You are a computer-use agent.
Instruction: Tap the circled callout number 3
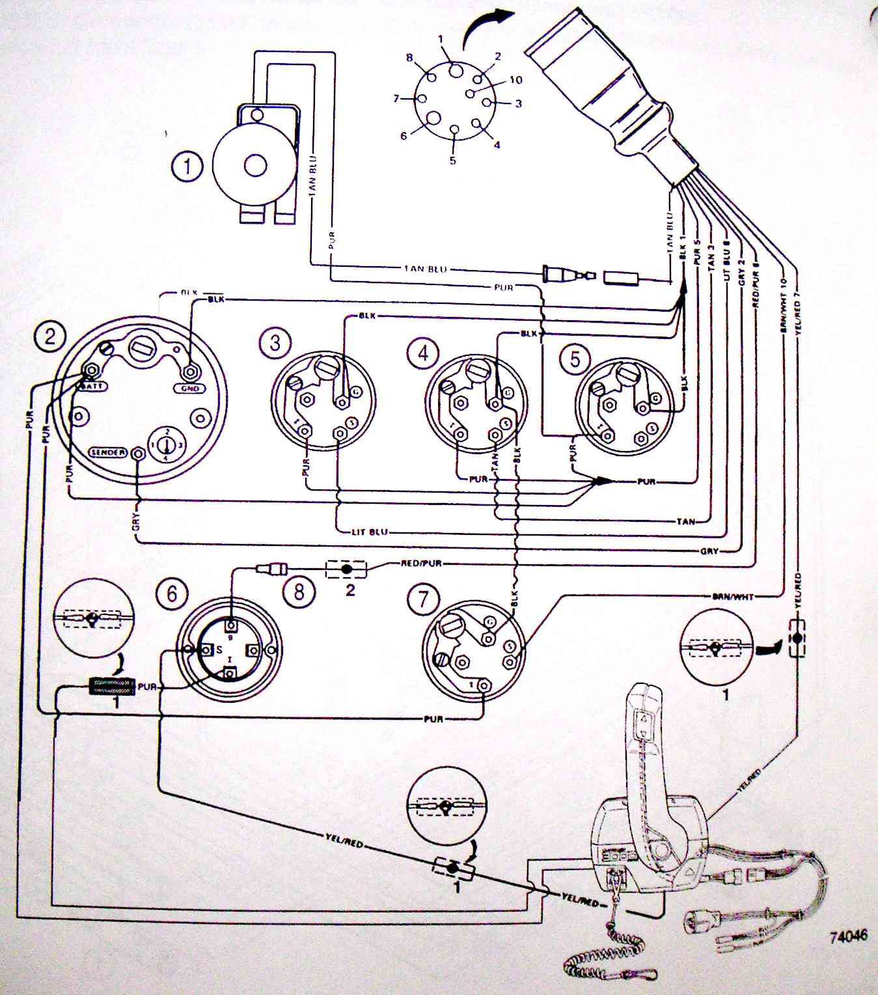[x=275, y=342]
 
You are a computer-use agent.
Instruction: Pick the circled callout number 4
[x=423, y=353]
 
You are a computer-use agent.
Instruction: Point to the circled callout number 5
[x=575, y=359]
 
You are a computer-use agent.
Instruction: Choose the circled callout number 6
[x=172, y=593]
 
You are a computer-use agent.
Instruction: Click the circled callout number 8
[x=299, y=592]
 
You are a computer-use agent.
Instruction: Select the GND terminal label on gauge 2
[x=189, y=388]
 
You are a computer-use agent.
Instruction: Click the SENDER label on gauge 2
[x=108, y=452]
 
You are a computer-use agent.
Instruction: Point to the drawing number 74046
[x=848, y=936]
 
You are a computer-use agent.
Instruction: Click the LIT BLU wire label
[x=370, y=532]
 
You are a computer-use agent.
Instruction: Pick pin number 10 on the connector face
[x=516, y=80]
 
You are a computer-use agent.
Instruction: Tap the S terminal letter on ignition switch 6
[x=219, y=649]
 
